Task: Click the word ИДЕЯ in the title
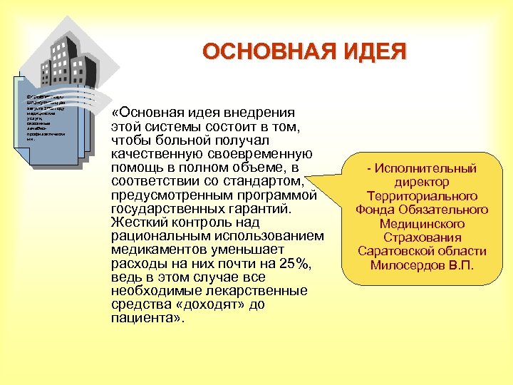377,52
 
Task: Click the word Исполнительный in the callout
426,168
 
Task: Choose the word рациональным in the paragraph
155,236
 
